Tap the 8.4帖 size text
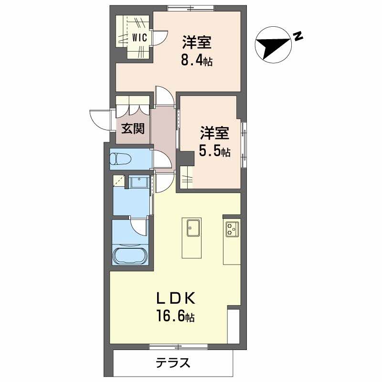(197, 61)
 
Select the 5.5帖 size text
(215, 152)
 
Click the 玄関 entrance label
(132, 128)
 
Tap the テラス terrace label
(173, 363)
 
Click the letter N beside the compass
(298, 36)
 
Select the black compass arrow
(273, 46)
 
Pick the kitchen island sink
(193, 228)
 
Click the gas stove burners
(232, 229)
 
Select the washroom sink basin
(139, 183)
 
